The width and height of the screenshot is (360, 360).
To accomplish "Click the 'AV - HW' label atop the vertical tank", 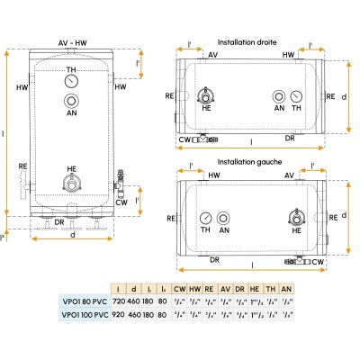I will pyautogui.click(x=70, y=43).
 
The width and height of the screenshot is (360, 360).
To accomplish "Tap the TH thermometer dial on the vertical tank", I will pyautogui.click(x=71, y=83).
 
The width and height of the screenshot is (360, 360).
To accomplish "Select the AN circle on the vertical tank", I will pyautogui.click(x=71, y=102).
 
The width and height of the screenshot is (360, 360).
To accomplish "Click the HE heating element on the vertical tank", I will pyautogui.click(x=70, y=184).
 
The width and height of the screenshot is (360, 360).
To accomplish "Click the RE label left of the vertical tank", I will pyautogui.click(x=22, y=166).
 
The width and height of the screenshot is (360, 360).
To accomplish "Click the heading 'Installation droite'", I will pyautogui.click(x=247, y=42).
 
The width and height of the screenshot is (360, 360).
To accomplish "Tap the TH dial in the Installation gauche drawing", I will pyautogui.click(x=208, y=218).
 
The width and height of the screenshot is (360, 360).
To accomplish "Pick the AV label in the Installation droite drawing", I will pyautogui.click(x=212, y=56).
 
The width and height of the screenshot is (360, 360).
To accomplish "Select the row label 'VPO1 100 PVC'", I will pyautogui.click(x=80, y=314).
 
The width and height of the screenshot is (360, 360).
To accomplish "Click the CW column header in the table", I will pyautogui.click(x=180, y=287).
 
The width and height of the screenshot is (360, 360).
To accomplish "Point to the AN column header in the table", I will pyautogui.click(x=286, y=287).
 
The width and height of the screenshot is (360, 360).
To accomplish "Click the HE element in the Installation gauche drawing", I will pyautogui.click(x=295, y=218).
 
